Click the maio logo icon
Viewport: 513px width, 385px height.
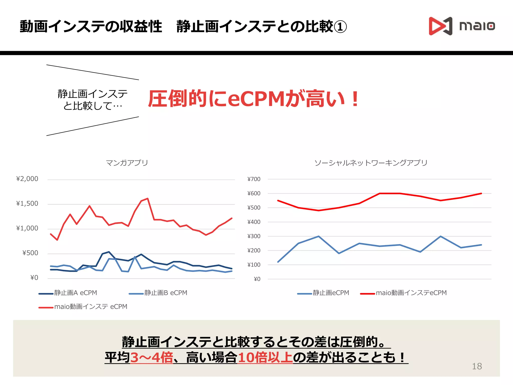coord(440,26)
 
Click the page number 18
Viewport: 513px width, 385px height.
coord(477,366)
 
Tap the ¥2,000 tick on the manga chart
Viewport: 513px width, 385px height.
coord(27,179)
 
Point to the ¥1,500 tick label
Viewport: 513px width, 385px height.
coord(27,204)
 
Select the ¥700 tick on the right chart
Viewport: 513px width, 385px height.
coord(254,179)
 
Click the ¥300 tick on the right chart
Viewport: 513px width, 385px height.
coord(254,236)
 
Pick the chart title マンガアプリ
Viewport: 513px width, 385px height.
coord(127,163)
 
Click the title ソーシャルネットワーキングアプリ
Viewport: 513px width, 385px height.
coord(371,163)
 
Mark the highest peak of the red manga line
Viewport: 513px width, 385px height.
coord(148,199)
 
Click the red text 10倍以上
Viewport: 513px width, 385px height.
coord(265,357)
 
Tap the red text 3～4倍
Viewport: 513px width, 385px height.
coord(152,357)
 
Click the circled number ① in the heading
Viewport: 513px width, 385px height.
coord(340,27)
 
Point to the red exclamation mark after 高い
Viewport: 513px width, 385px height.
coord(355,99)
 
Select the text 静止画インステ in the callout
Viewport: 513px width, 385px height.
coord(92,94)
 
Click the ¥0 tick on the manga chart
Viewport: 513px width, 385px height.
coord(34,278)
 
